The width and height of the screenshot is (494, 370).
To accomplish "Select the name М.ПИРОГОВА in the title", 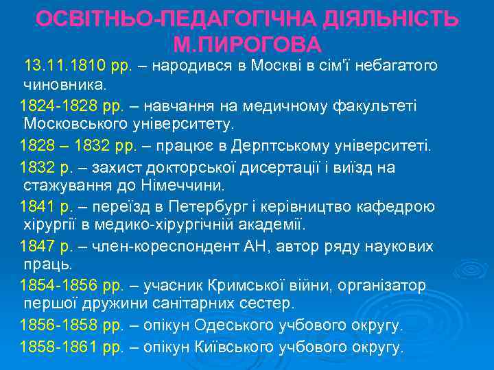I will [248, 45].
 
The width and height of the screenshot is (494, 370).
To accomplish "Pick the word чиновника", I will [65, 86].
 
